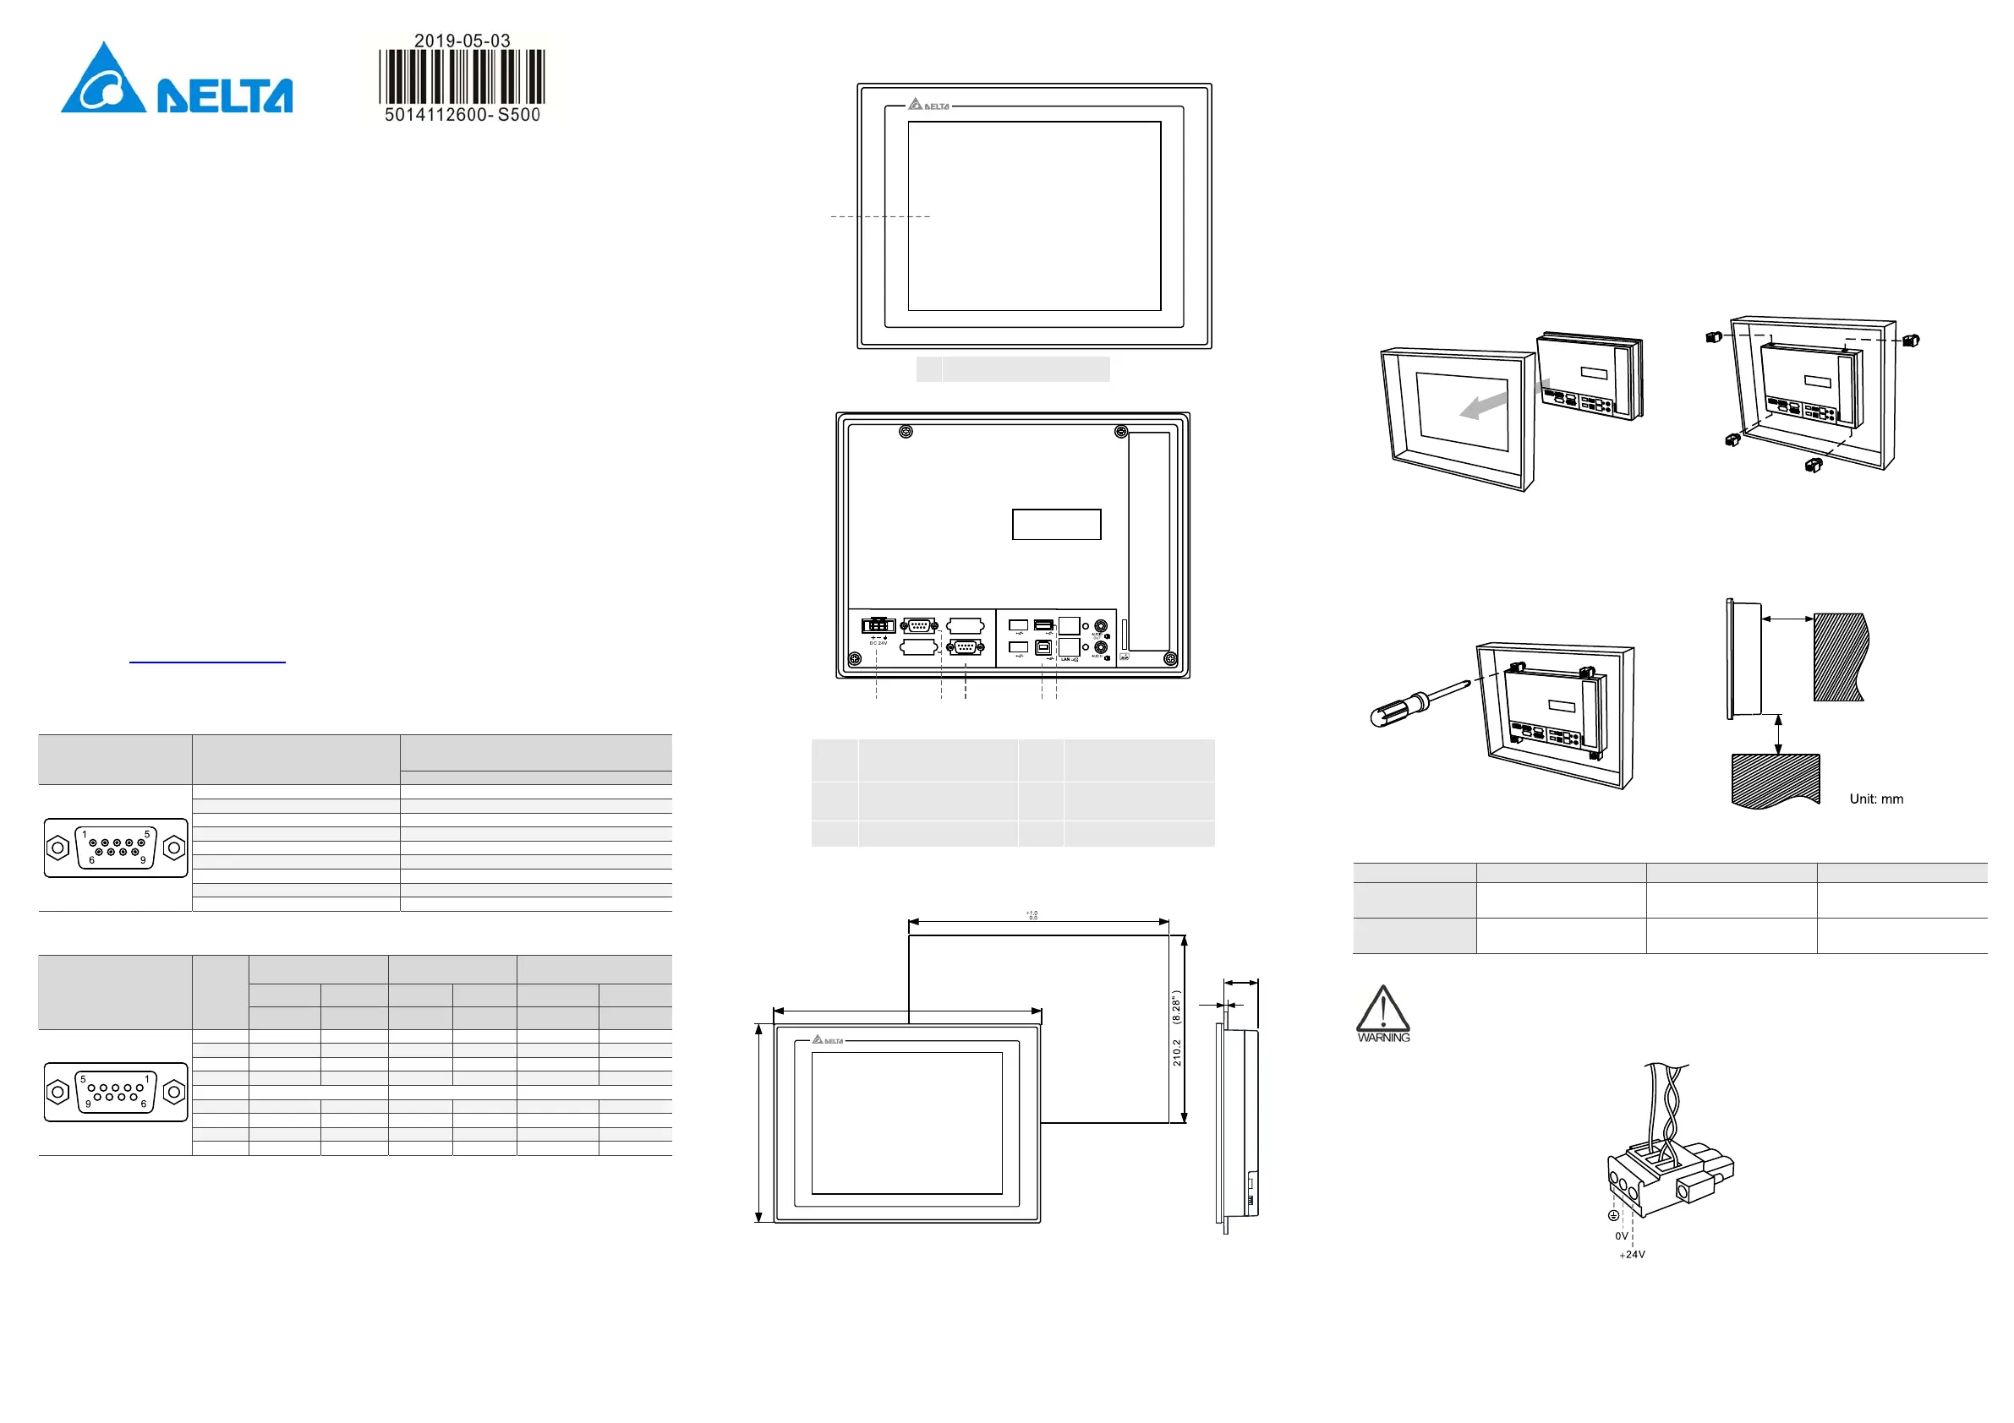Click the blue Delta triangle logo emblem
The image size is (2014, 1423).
tap(103, 80)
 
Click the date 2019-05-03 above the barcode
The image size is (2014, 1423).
tap(462, 41)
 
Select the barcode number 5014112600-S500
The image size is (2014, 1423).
tap(462, 115)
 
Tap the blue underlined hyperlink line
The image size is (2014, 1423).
tap(207, 662)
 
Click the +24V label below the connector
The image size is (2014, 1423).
tap(1632, 1255)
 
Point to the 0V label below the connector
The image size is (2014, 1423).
tap(1621, 1236)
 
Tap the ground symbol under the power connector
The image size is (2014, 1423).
tap(1612, 1215)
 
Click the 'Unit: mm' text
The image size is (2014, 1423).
tap(1876, 799)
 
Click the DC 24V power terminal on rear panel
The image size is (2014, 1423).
tap(877, 626)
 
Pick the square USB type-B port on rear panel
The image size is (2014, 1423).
tap(1043, 647)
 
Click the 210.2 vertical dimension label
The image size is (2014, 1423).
tap(1177, 1052)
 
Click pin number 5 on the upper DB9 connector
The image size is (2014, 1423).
tap(146, 834)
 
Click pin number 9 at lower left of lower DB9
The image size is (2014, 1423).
tap(88, 1104)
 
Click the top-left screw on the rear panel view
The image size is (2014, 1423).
tap(906, 431)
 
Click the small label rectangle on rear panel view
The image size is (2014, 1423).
tap(1056, 524)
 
